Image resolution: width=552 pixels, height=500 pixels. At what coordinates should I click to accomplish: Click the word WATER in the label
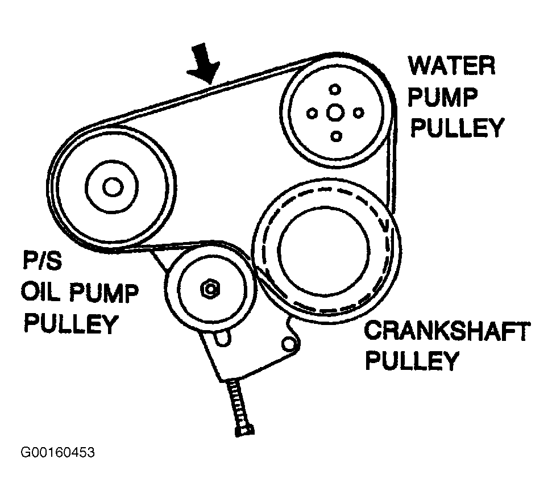(x=452, y=66)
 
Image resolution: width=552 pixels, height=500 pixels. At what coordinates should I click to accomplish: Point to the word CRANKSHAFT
(x=447, y=332)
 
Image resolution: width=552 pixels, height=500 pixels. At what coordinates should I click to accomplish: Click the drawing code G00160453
(x=57, y=453)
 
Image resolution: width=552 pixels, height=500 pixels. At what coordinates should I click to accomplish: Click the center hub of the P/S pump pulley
(x=112, y=186)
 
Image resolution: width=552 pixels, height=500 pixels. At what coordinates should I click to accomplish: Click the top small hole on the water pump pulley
(x=335, y=89)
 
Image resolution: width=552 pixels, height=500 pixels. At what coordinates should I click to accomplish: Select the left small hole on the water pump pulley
(x=312, y=113)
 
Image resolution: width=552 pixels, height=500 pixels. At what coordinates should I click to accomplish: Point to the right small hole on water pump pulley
(x=358, y=113)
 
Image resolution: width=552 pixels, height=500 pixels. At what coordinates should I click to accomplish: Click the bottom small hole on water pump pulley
(x=335, y=136)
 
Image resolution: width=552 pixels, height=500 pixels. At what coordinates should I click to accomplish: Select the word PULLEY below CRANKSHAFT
(x=412, y=361)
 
